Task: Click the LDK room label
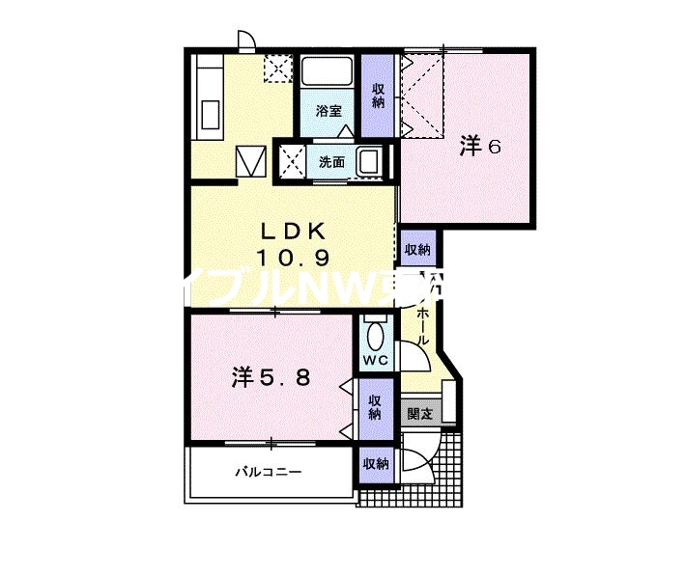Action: point(295,232)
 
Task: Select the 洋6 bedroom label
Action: point(480,146)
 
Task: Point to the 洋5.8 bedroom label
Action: point(271,377)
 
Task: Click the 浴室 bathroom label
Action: point(329,110)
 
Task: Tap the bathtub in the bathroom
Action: point(328,72)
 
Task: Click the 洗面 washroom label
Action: point(332,162)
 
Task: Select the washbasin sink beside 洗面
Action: point(371,162)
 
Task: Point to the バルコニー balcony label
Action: point(270,473)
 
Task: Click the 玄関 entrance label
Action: point(420,415)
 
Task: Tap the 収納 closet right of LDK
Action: point(417,250)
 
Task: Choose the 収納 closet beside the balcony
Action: point(375,464)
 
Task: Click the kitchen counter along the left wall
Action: point(210,96)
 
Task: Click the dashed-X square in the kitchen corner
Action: point(277,68)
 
